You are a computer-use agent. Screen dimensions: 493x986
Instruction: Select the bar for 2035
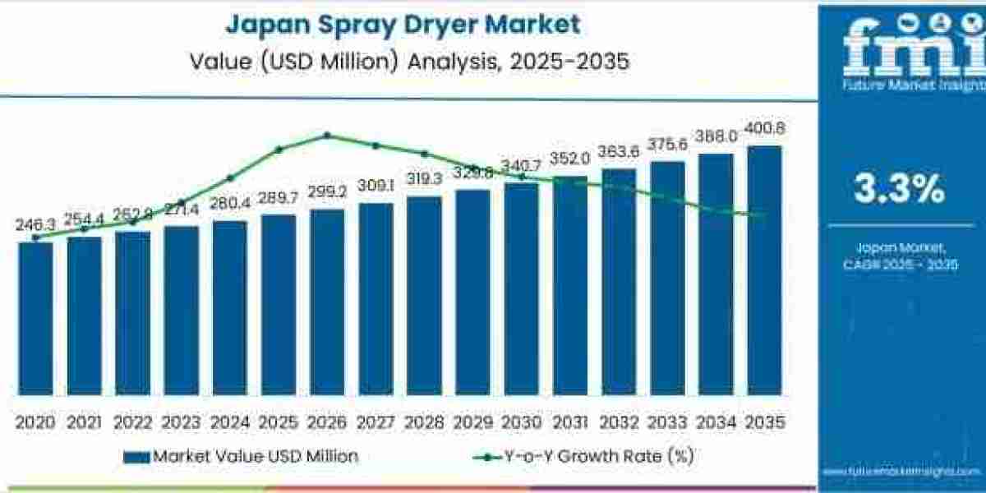(x=763, y=270)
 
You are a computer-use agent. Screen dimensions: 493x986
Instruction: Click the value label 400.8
(x=764, y=128)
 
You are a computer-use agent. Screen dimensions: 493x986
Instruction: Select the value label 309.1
(x=376, y=187)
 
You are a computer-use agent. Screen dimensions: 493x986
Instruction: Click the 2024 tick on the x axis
(x=229, y=422)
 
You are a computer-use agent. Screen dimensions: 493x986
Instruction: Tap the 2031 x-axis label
(x=569, y=422)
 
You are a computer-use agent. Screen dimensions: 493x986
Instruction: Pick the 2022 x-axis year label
(x=132, y=422)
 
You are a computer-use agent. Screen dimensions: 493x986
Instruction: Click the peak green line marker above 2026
(x=327, y=136)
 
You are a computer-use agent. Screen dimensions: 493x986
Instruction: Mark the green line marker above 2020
(x=35, y=237)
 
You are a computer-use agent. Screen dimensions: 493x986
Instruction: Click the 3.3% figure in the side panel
(x=899, y=190)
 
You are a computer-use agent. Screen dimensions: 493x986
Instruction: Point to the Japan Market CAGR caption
(x=899, y=256)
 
